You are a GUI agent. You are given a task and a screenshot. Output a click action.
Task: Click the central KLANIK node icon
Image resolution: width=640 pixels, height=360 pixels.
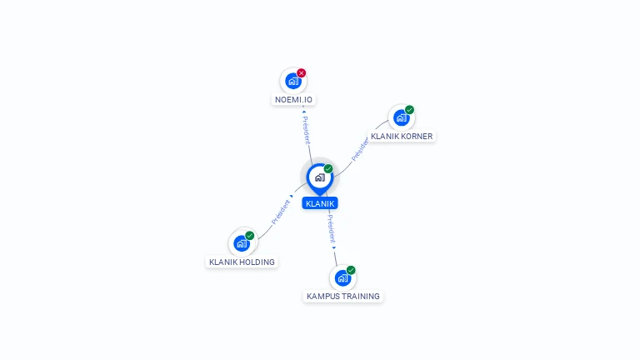coord(319,177)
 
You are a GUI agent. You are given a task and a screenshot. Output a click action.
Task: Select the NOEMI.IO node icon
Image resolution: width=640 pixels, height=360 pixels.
coord(292,81)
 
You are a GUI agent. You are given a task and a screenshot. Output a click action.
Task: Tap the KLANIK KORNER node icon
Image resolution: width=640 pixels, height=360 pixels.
coord(401,117)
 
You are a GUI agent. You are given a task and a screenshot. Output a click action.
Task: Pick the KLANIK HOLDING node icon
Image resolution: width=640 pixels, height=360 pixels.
coord(242,243)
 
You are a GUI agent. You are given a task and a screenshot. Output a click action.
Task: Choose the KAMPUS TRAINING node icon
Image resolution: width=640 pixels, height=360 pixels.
coord(342,278)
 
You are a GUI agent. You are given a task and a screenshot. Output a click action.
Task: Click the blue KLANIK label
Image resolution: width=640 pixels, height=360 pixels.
coord(320,203)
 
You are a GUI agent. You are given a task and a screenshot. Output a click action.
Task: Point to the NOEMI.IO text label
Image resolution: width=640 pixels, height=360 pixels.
coord(293,100)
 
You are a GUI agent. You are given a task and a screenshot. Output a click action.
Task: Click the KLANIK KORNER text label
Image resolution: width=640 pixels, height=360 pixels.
coord(402,136)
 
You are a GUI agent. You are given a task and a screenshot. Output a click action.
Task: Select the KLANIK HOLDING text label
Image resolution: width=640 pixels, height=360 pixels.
coord(242,262)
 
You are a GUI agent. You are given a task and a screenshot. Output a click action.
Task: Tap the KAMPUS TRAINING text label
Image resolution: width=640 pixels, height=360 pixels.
coord(343,296)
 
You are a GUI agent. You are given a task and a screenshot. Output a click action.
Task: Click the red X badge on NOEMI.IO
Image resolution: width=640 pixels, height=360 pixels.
coord(302,72)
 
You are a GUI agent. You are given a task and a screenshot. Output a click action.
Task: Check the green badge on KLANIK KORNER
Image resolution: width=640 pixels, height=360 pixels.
coord(410,109)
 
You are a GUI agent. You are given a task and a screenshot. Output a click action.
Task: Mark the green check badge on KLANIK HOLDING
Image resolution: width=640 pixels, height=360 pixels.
coord(250,235)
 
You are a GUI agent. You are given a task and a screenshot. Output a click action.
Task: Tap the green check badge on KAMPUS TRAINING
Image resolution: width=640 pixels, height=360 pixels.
coord(351,270)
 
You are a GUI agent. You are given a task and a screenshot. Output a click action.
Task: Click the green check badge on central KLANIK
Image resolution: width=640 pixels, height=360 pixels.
coord(328,168)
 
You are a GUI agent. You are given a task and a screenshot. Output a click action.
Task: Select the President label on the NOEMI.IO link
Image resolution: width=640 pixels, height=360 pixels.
coord(306,130)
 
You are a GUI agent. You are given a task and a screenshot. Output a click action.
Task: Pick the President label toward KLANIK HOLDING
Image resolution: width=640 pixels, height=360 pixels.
coord(281,212)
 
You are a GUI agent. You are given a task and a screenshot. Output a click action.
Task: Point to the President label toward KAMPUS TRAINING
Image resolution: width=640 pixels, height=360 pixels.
coord(330,227)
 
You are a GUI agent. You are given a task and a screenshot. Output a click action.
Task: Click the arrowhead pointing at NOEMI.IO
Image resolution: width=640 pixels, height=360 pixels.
coord(303,111)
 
